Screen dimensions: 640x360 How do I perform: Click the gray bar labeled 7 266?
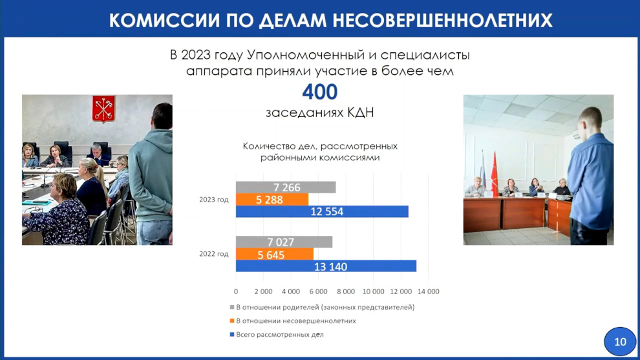(286, 187)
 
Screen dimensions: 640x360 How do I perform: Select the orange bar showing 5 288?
(272, 200)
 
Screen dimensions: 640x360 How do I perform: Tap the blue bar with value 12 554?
(322, 211)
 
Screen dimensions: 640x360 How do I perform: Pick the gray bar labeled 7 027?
(284, 242)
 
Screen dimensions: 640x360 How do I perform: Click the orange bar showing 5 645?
(275, 254)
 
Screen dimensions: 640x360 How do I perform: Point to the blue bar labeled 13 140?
(326, 266)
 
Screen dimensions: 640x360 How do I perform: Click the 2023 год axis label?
(214, 200)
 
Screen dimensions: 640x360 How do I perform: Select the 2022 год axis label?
(214, 254)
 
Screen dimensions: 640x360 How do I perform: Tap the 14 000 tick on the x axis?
(428, 291)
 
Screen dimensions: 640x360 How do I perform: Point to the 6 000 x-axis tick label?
(318, 291)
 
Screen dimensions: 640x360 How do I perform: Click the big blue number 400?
(319, 92)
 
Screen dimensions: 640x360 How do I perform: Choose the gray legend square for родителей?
(232, 307)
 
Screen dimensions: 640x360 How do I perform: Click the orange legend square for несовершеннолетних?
(232, 321)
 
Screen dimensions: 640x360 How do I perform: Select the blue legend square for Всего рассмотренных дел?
(232, 334)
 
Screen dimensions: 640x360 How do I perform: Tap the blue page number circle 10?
(620, 342)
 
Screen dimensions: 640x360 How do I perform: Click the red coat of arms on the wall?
(103, 109)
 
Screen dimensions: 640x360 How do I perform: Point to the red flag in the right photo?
(495, 173)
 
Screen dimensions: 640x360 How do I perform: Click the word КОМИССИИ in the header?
(164, 20)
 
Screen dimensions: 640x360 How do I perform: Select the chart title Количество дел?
(320, 151)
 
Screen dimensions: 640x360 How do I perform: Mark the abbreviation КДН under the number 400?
(361, 112)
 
